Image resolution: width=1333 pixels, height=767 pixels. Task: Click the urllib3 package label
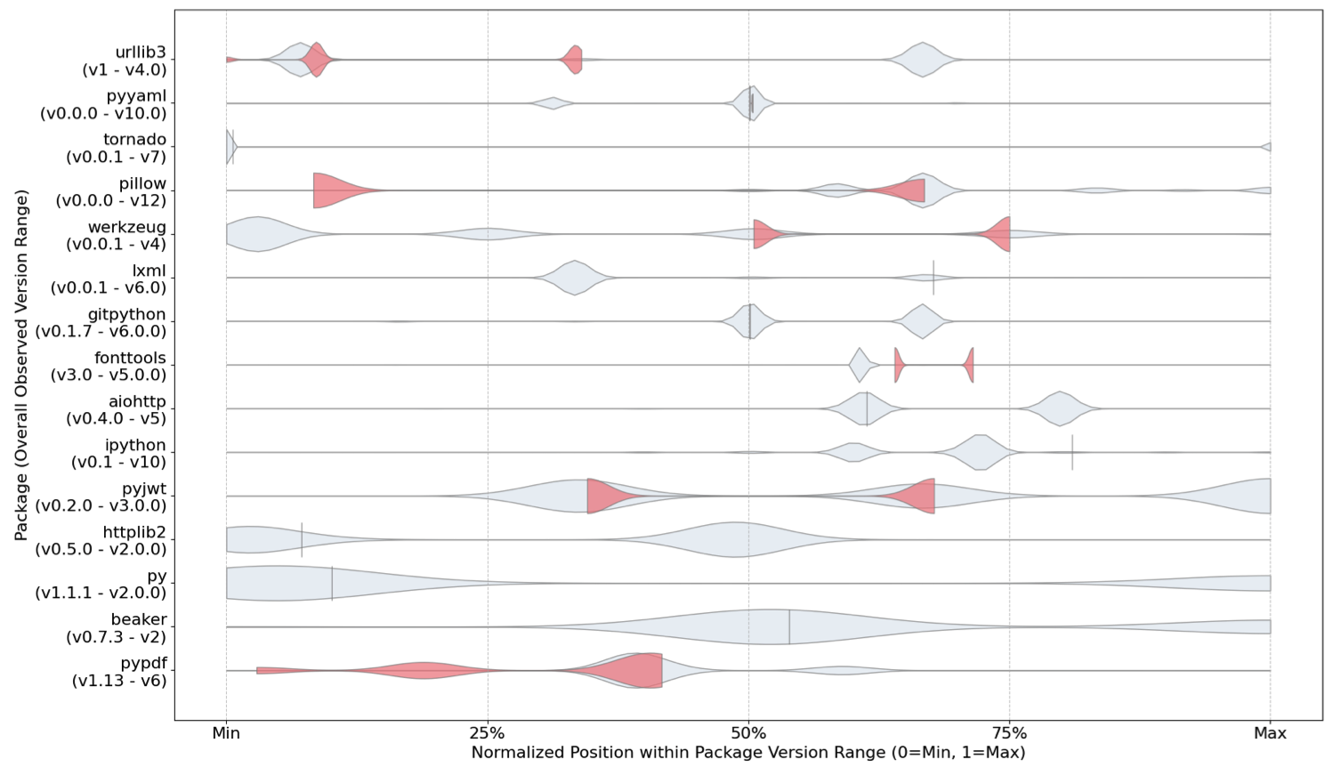click(125, 61)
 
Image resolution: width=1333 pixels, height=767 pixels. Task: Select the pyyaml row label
click(103, 104)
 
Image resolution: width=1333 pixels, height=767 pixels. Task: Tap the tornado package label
click(117, 148)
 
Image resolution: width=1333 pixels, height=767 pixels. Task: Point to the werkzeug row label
click(117, 235)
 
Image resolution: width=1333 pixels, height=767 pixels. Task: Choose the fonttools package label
click(109, 366)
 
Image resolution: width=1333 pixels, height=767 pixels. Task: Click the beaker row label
click(117, 628)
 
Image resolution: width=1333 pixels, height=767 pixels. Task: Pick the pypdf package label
click(119, 671)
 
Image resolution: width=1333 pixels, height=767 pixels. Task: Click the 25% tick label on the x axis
click(488, 733)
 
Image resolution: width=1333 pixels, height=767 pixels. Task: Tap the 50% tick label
click(748, 733)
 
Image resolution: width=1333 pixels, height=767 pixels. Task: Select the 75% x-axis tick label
click(1009, 733)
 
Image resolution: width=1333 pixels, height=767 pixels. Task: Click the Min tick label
click(226, 733)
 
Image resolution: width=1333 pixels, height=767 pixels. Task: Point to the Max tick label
click(1270, 733)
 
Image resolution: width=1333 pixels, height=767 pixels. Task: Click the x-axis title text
click(748, 753)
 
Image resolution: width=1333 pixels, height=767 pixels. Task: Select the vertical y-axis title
click(20, 365)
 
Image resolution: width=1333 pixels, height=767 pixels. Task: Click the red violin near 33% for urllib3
click(572, 60)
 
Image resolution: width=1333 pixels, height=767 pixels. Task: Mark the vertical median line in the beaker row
click(789, 626)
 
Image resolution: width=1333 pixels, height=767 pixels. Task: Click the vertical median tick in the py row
click(332, 583)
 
